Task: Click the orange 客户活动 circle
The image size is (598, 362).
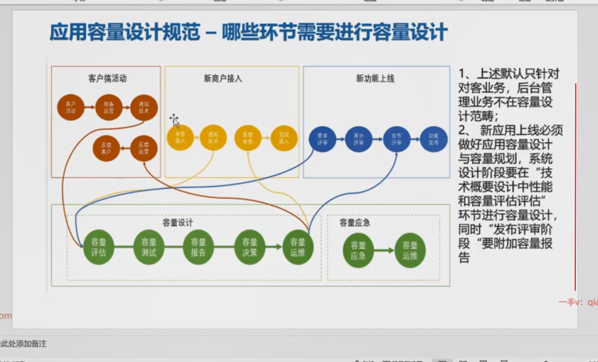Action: (x=71, y=108)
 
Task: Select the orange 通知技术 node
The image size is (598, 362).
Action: (x=144, y=108)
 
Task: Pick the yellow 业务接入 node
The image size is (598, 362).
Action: (x=180, y=137)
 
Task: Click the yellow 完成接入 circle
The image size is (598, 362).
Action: (x=284, y=137)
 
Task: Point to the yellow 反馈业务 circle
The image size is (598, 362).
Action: (x=248, y=137)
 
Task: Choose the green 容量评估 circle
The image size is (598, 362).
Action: (x=98, y=249)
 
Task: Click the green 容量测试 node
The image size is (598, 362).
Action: (x=149, y=249)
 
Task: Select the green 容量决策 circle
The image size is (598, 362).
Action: (x=249, y=249)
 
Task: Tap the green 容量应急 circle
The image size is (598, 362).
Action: (x=358, y=250)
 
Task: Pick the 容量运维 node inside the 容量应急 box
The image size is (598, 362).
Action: (x=410, y=250)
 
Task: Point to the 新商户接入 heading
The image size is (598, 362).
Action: (x=223, y=79)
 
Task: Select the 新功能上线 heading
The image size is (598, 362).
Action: (x=375, y=79)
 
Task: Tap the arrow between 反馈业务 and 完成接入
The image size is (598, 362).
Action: (x=266, y=137)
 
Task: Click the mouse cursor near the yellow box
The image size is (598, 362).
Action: (x=175, y=120)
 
